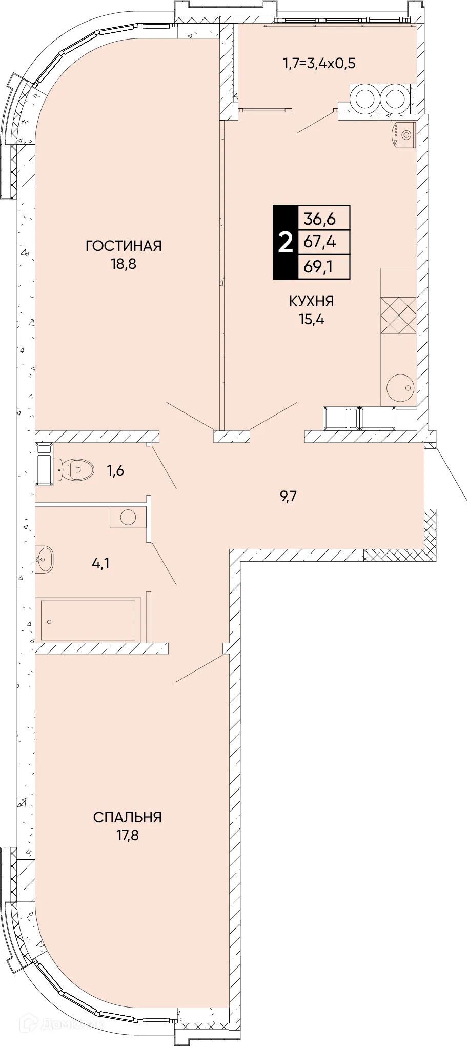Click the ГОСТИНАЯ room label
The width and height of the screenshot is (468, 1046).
[x=124, y=246]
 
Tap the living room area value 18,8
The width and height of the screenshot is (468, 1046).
[x=124, y=265]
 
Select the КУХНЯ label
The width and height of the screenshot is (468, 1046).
[x=312, y=301]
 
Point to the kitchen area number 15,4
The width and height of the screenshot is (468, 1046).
[x=312, y=320]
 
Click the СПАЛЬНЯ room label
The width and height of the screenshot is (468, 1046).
[x=128, y=817]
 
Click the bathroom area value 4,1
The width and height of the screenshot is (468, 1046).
[x=100, y=564]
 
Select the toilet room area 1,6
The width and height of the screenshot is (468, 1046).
[x=115, y=470]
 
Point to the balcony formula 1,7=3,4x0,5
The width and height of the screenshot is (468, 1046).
[x=319, y=64]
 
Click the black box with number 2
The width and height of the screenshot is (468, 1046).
[x=285, y=242]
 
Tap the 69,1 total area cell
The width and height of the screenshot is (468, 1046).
[x=323, y=267]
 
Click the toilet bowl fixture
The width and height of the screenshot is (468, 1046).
[x=75, y=468]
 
